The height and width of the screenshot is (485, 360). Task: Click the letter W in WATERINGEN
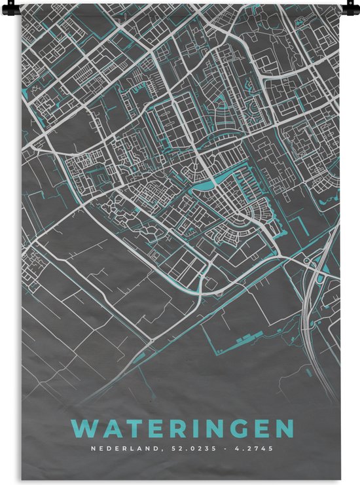tap(83, 429)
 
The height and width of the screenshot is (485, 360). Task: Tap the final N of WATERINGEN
tap(283, 429)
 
